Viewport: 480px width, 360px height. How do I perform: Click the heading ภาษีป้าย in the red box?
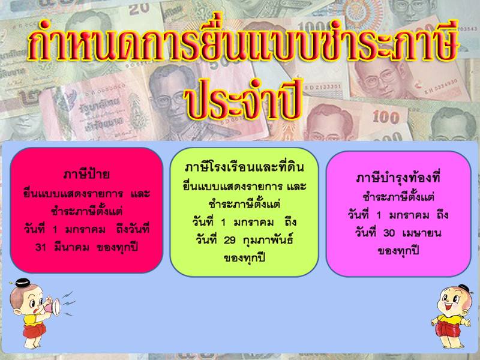(86, 174)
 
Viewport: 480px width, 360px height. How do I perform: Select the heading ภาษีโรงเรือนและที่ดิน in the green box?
(244, 167)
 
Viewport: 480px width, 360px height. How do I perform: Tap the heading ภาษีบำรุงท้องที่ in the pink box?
(398, 177)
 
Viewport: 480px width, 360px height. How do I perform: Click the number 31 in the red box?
(41, 247)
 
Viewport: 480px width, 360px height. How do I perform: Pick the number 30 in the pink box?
(389, 233)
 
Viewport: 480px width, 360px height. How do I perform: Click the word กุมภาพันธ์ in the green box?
(268, 239)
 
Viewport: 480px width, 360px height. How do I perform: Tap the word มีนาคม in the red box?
(71, 247)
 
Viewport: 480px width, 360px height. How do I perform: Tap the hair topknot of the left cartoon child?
(23, 283)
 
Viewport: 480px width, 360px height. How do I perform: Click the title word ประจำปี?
(243, 98)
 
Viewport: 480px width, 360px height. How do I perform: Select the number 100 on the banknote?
(386, 117)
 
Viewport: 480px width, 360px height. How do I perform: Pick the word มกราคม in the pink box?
(409, 215)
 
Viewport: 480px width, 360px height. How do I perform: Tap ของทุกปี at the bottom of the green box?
(244, 259)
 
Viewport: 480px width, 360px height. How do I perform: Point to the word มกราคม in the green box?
(254, 222)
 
